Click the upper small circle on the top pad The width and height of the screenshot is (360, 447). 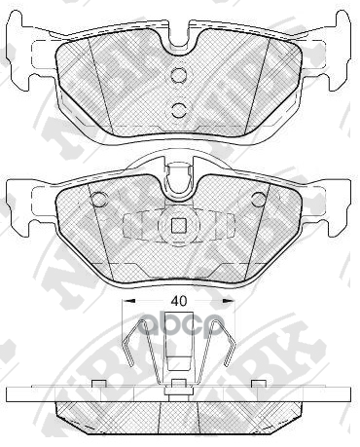pos(178,77)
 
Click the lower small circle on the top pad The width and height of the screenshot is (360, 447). pos(178,109)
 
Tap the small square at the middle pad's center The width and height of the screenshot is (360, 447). pos(179,226)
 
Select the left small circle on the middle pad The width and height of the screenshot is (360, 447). pos(97,199)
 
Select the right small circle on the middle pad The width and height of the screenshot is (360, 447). pos(259,199)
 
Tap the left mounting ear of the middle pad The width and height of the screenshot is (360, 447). pos(27,199)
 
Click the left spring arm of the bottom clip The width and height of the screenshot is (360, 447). pos(136,351)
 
